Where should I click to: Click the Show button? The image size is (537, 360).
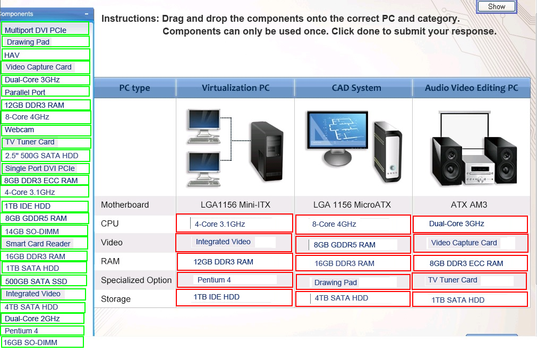pyautogui.click(x=497, y=6)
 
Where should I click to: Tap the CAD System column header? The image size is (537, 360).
pyautogui.click(x=356, y=88)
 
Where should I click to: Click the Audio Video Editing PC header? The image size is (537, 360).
pyautogui.click(x=471, y=88)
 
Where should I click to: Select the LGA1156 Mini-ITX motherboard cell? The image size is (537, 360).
pyautogui.click(x=235, y=204)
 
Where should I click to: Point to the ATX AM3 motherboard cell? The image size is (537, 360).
pyautogui.click(x=469, y=204)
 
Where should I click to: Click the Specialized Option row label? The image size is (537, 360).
pyautogui.click(x=136, y=280)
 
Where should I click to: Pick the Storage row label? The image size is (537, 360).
pyautogui.click(x=116, y=299)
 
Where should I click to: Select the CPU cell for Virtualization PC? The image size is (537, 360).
pyautogui.click(x=235, y=223)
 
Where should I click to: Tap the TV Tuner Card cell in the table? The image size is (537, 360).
pyautogui.click(x=470, y=280)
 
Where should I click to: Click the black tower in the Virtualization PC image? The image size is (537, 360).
pyautogui.click(x=267, y=151)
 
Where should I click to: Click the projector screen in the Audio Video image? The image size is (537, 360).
pyautogui.click(x=465, y=125)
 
